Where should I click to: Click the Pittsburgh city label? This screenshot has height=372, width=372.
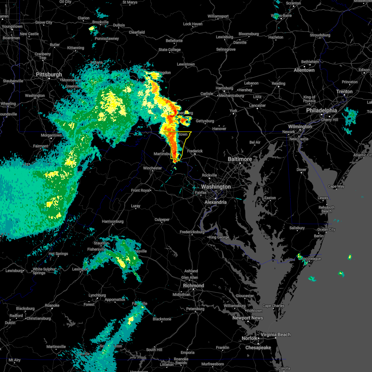tap(49, 74)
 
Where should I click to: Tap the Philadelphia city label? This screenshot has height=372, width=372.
tap(321, 110)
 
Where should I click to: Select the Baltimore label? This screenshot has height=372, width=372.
tap(240, 159)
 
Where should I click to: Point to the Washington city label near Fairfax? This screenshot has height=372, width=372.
tap(216, 187)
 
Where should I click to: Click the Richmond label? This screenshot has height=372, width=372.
tap(193, 286)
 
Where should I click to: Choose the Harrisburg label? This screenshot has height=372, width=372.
tap(224, 88)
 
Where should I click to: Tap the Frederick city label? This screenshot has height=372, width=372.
tap(195, 151)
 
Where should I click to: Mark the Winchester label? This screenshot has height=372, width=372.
tap(153, 168)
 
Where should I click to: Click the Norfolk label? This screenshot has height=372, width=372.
tap(250, 338)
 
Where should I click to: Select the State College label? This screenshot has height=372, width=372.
tap(170, 50)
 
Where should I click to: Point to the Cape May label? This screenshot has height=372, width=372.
tap(336, 186)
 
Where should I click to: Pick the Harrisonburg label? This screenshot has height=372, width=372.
tap(113, 221)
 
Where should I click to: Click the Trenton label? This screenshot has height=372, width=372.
tap(344, 91)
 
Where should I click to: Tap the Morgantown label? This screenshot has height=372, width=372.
tap(51, 135)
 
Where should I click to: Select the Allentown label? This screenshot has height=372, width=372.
tap(304, 70)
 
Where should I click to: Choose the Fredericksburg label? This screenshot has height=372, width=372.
tap(192, 232)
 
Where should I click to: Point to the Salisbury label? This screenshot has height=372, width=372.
tap(297, 228)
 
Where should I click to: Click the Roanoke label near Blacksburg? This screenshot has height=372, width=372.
tap(52, 305)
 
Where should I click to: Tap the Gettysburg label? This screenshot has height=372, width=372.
tap(205, 121)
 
